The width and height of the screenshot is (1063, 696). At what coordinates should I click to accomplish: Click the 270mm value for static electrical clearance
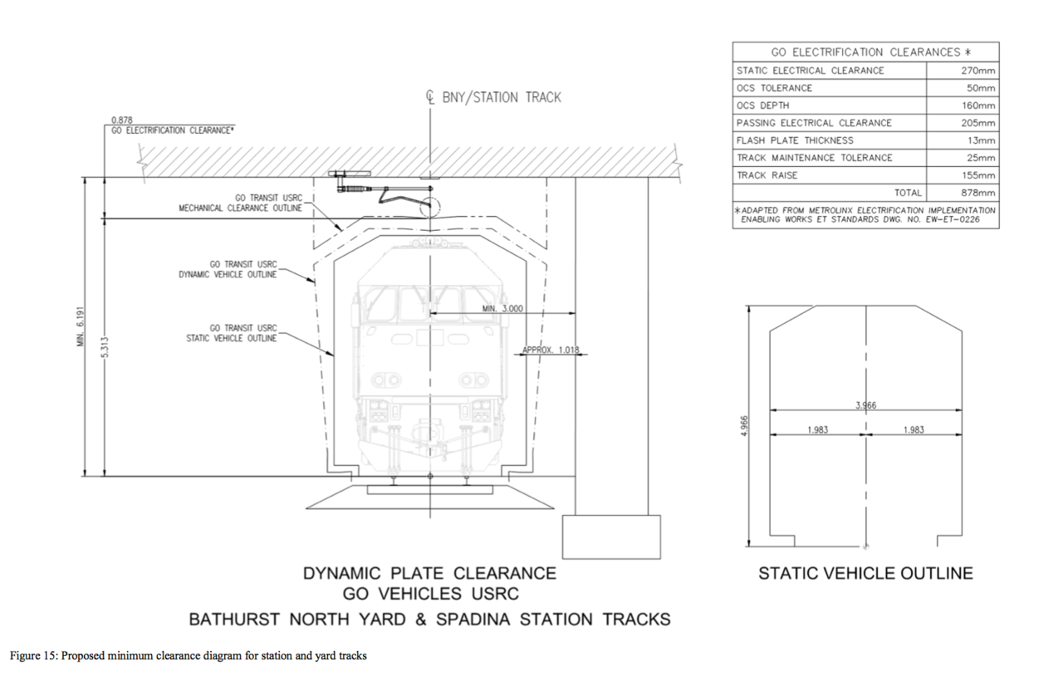[x=977, y=71]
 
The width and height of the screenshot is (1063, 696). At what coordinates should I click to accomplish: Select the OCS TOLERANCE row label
[x=774, y=88]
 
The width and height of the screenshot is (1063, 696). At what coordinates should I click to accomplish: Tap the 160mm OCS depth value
[x=977, y=105]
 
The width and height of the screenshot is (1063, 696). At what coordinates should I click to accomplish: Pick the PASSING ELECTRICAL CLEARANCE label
[x=814, y=123]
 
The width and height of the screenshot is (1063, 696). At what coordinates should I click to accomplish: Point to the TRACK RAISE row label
[x=767, y=175]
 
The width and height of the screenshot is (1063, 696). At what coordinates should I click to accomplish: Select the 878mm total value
[x=977, y=193]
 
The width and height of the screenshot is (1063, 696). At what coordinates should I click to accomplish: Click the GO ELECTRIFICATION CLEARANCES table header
[x=865, y=51]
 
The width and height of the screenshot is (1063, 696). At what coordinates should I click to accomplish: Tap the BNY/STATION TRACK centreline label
[x=501, y=97]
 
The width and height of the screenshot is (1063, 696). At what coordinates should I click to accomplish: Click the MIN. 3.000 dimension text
[x=502, y=308]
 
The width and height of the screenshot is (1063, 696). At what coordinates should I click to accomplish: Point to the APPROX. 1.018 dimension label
[x=551, y=350]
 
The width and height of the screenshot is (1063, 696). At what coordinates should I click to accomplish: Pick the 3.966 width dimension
[x=866, y=405]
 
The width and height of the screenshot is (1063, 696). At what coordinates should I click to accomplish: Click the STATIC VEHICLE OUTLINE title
[x=865, y=573]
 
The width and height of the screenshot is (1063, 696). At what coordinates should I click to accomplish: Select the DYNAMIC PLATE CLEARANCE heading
[x=429, y=573]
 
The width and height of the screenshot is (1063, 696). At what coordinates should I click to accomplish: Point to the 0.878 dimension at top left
[x=122, y=120]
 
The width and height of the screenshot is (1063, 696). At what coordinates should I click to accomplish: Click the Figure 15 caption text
[x=188, y=656]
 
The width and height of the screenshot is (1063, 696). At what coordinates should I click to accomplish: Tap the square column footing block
[x=611, y=536]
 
